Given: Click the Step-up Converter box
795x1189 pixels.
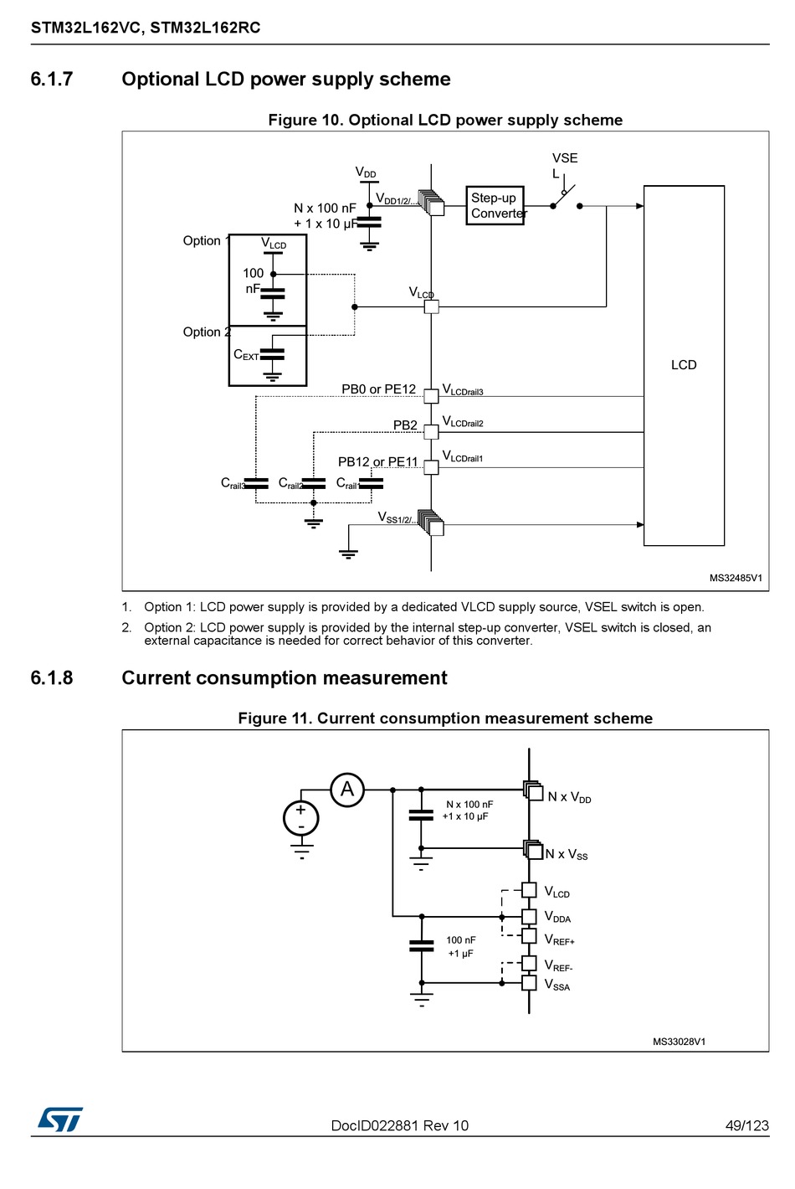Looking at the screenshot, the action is tap(495, 205).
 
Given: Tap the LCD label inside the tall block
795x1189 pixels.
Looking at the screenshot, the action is tap(684, 365).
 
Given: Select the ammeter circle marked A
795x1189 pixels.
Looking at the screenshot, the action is tap(347, 790).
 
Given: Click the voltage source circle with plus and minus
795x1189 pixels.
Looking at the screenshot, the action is tap(301, 819).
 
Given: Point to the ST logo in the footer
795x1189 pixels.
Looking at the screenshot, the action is tap(60, 1119).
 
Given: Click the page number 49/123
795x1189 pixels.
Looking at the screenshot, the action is tap(746, 1125).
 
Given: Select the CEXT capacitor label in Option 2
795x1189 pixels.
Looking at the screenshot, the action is tap(246, 354).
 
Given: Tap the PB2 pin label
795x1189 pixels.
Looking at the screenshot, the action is tap(405, 425).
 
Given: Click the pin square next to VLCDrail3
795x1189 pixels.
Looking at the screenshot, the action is tap(431, 396).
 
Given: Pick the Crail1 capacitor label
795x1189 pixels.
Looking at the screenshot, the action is tap(348, 484).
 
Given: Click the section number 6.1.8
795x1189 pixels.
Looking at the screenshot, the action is tap(51, 678).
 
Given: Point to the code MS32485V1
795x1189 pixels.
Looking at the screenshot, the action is tap(736, 578).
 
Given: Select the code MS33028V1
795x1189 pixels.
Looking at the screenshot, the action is tap(679, 1042).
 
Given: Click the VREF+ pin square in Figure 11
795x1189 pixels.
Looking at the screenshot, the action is tap(529, 936).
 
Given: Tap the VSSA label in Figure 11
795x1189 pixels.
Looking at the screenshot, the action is tap(557, 985).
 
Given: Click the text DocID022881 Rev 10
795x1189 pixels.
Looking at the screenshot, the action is tap(400, 1125).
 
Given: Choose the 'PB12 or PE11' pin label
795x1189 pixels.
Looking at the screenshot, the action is tap(378, 462).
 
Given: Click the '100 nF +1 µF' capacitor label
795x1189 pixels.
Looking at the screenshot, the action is tap(461, 946).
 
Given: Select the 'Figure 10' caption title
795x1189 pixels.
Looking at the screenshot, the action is tap(445, 120).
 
